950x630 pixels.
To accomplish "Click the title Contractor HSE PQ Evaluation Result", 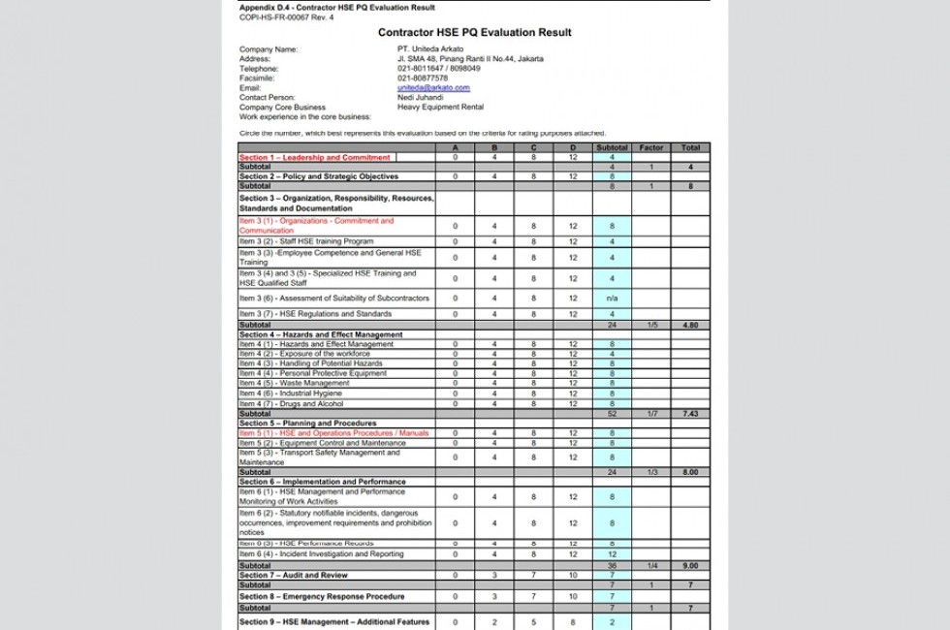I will (x=474, y=33).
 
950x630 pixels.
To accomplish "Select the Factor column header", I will (x=651, y=148).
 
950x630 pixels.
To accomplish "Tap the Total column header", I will (x=690, y=148).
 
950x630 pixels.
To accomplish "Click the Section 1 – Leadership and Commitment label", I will (x=315, y=157).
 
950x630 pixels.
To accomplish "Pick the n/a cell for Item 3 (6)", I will (x=612, y=299).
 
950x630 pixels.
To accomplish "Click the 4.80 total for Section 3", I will (x=690, y=326).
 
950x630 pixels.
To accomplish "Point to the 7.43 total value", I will (x=690, y=414).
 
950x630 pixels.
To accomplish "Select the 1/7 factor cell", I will (x=651, y=414).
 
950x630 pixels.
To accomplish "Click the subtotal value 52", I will (x=612, y=414).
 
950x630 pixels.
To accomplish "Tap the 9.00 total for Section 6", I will (x=690, y=565).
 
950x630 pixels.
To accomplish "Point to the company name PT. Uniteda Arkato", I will (x=429, y=48).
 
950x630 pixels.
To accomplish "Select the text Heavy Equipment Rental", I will (x=440, y=108).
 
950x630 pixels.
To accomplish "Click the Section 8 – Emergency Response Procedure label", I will (x=322, y=596).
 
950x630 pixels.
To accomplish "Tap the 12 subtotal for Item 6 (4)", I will (x=612, y=554).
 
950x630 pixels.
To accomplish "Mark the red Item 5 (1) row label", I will (x=333, y=433).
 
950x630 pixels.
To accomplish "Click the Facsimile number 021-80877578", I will (x=423, y=79).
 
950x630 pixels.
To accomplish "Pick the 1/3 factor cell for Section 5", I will (x=651, y=472).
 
